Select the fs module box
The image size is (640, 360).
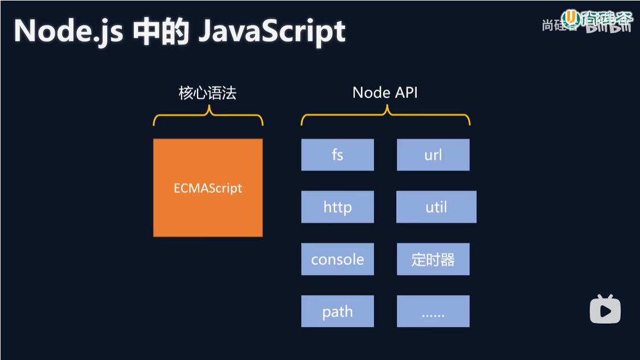[x=337, y=154]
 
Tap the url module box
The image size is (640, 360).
[x=433, y=154]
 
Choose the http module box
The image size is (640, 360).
[x=337, y=207]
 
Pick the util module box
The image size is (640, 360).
[x=436, y=207]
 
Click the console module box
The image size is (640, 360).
[x=337, y=259]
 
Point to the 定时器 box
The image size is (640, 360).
[x=433, y=259]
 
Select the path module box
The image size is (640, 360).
[x=337, y=311]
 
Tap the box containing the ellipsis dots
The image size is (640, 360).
[x=433, y=311]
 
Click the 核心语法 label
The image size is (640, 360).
[x=207, y=93]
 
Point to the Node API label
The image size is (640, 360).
[x=385, y=92]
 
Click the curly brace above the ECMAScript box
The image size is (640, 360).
[x=208, y=117]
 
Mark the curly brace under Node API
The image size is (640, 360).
[x=385, y=117]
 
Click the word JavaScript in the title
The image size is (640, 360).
[x=272, y=31]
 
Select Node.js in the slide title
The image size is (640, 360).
[x=68, y=31]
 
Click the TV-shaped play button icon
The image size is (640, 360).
[x=605, y=310]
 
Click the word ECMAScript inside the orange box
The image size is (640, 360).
[x=208, y=189]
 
